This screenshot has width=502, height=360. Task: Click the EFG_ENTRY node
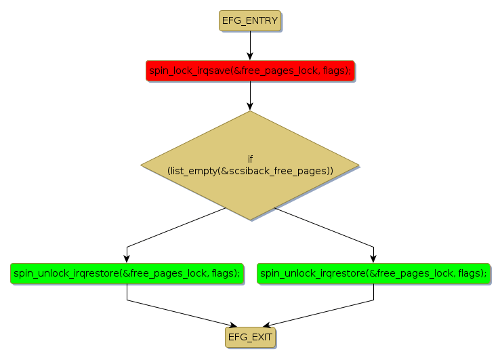250,20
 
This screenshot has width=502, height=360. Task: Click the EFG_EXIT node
250,336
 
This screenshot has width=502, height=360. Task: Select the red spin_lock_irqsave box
250,70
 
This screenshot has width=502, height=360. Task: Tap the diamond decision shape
250,165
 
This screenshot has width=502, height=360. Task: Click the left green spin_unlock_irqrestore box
127,273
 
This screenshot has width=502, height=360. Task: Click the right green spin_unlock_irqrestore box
373,273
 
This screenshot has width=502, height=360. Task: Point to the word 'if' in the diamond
250,159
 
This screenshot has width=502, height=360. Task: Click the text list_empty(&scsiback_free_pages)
250,171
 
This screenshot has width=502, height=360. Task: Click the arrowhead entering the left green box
127,258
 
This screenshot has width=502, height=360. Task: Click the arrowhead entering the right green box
373,258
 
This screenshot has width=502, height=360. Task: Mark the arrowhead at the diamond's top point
250,106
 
